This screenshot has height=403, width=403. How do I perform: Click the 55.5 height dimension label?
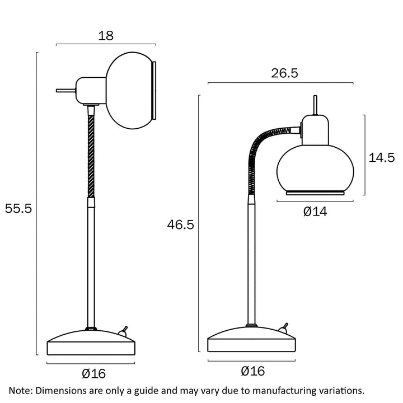(18, 209)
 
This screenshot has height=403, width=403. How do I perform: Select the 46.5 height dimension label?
(180, 225)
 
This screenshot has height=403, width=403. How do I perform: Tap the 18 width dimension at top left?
(106, 36)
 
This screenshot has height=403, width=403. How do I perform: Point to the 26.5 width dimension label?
(280, 74)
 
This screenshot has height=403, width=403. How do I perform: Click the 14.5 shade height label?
(382, 157)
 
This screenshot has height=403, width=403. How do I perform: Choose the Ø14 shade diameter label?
(315, 211)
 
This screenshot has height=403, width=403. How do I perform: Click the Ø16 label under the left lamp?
(93, 373)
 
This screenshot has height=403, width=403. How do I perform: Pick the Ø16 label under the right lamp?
(252, 371)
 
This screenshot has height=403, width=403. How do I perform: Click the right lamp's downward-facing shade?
(311, 168)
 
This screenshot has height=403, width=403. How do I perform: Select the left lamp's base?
(91, 342)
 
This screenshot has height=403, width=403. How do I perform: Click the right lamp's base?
(251, 340)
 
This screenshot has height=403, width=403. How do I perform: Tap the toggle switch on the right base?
(284, 327)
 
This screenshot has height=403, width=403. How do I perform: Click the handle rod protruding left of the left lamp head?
(65, 90)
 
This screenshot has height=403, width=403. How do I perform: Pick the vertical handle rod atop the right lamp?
(315, 105)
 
